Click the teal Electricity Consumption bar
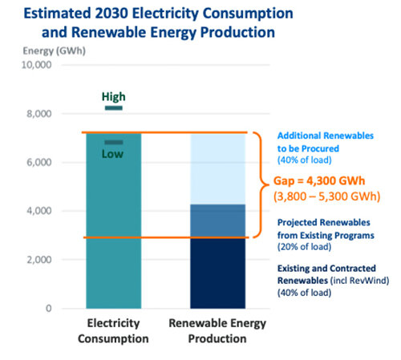pos(114,220)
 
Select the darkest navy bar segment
pos(217,273)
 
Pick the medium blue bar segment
pos(217,220)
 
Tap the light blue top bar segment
pos(217,169)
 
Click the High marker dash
pos(114,108)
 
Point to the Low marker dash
pos(114,143)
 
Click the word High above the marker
pos(114,97)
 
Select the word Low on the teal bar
pos(112,154)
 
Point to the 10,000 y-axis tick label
pos(36,65)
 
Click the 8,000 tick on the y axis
pos(39,114)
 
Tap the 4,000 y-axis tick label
pos(39,211)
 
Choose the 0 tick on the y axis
pos(48,309)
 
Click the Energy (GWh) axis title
pos(55,51)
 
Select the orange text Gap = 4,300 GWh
pos(319,181)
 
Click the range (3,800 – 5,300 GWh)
pos(327,196)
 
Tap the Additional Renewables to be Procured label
pos(326,142)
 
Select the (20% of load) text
pos(305,247)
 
